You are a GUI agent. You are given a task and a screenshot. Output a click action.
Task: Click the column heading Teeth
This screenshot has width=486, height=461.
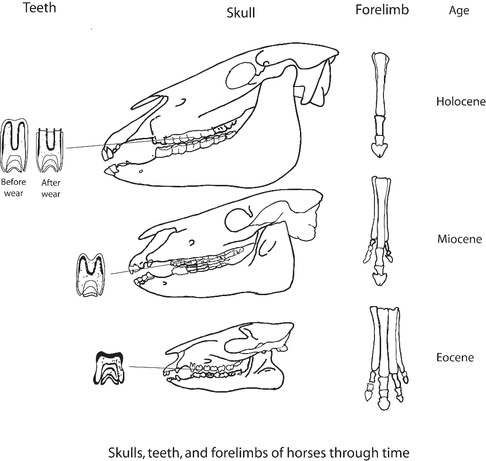click(x=39, y=8)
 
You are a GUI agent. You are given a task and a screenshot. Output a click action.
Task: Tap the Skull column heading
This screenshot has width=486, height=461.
click(x=241, y=13)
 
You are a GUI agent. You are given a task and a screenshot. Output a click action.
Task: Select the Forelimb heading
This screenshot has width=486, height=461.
click(x=382, y=10)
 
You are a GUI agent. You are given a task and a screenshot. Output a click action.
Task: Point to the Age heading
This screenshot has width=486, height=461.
click(x=459, y=10)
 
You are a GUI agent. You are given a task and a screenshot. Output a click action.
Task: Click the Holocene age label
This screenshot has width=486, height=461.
click(x=460, y=101)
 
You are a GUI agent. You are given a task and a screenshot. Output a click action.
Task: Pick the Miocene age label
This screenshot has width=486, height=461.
click(x=459, y=239)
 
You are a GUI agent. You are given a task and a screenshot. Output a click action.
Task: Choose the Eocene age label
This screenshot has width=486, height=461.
click(x=455, y=357)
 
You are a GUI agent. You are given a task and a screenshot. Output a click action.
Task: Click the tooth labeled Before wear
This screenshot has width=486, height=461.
click(x=13, y=146)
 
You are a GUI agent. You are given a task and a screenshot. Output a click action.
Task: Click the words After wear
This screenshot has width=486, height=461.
click(x=51, y=188)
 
